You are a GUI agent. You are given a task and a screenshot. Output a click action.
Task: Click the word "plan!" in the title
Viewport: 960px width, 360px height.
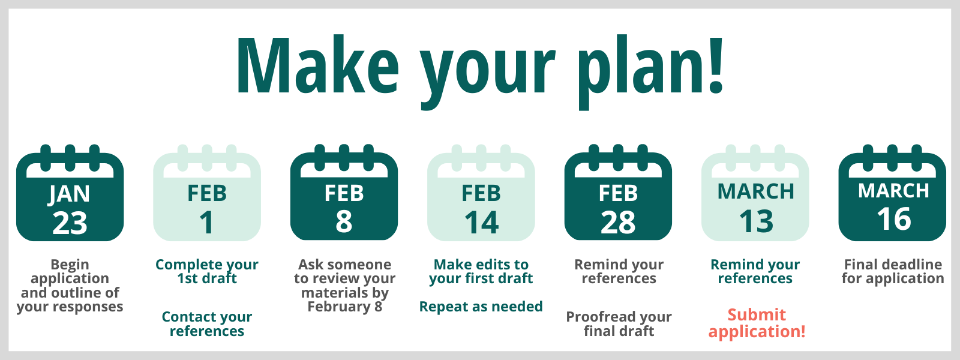tap(650, 71)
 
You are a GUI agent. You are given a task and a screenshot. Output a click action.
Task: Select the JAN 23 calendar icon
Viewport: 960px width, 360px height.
tap(70, 193)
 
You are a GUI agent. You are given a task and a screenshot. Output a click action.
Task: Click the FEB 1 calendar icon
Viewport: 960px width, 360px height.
tap(207, 193)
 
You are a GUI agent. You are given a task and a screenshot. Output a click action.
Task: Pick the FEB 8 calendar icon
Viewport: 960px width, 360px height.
tap(344, 193)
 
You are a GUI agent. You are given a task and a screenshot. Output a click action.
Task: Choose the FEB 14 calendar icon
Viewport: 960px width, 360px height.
tap(481, 193)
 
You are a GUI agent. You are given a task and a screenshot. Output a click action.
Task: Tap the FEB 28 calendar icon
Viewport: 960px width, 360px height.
tap(618, 193)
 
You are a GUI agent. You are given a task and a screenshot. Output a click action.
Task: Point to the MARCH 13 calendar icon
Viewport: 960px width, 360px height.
tap(755, 193)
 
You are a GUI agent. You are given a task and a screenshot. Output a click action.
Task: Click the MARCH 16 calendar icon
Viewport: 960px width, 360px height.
tap(892, 193)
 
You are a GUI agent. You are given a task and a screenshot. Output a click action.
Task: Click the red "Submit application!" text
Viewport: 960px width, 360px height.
tap(757, 323)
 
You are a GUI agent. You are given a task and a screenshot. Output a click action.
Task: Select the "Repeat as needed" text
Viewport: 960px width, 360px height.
tap(481, 307)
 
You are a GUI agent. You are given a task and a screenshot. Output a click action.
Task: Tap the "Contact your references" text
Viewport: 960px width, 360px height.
tap(207, 323)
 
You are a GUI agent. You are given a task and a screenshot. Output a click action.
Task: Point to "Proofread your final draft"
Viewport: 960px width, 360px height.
tap(619, 323)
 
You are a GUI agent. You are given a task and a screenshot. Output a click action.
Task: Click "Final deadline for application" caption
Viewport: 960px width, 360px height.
tap(893, 271)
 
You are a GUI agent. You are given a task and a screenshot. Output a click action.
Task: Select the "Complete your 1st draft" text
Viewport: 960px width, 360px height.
tap(207, 271)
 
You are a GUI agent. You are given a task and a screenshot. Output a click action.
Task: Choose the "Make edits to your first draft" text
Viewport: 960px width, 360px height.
tap(481, 271)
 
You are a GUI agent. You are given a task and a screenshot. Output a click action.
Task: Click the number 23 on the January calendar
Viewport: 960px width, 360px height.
tap(70, 223)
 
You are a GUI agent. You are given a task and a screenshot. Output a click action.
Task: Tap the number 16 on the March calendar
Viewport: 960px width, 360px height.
tap(893, 219)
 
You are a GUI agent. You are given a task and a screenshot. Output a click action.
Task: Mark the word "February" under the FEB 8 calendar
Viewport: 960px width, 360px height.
tap(339, 307)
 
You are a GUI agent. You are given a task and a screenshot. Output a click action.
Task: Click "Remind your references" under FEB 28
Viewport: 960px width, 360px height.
tap(619, 271)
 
